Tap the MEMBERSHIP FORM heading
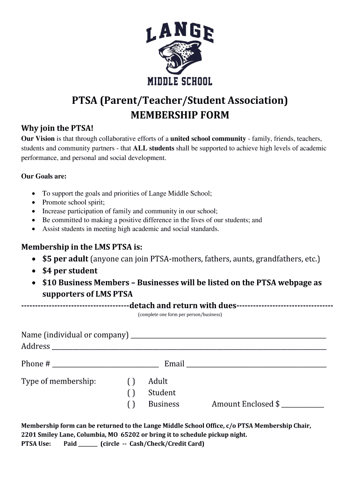180,115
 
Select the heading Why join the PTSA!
58,128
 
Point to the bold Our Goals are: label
44,176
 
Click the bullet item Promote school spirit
73,202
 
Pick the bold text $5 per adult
65,259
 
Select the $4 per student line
70,270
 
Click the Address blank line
189,347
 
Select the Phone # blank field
106,364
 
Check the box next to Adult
131,382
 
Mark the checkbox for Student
131,393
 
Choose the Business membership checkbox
131,404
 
